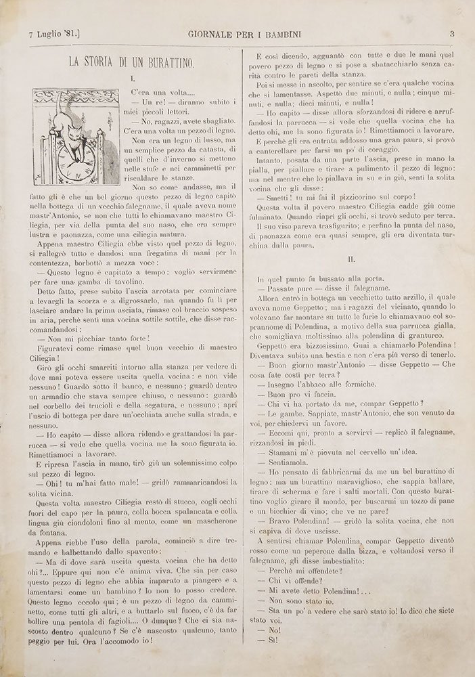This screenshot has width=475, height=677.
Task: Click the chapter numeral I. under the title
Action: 133,80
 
